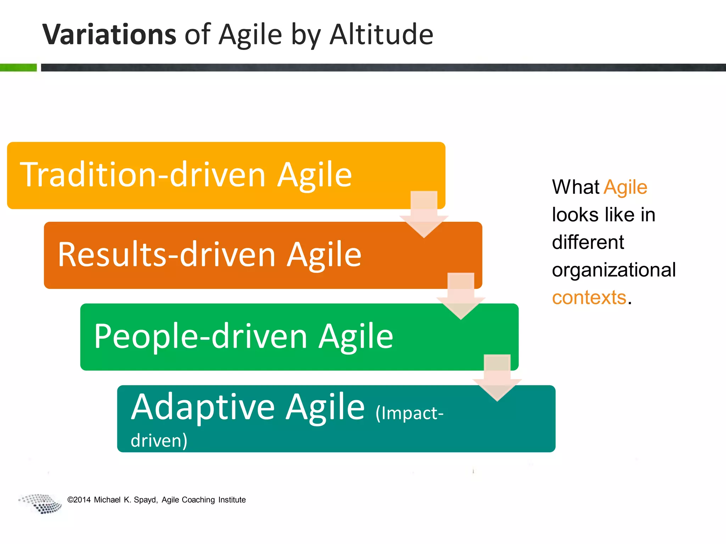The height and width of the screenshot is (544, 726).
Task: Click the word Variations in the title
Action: tap(109, 34)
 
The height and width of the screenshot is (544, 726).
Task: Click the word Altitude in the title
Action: tap(381, 34)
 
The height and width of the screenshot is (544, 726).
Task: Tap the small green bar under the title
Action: tap(18, 67)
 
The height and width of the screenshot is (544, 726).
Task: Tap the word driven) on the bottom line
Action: tap(159, 441)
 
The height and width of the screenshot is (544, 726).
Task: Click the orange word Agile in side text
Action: tap(625, 187)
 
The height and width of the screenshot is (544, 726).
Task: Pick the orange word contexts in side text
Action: tap(589, 297)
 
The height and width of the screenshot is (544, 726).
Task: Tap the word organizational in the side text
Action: tap(614, 270)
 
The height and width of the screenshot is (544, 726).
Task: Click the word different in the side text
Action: tap(588, 242)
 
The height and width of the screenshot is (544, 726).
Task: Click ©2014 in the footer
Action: tap(79, 500)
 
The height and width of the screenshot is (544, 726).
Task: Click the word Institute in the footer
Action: tap(232, 500)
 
